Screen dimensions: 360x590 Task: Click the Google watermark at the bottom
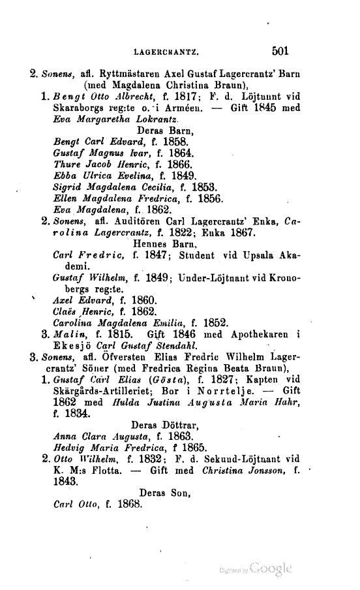(267, 566)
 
